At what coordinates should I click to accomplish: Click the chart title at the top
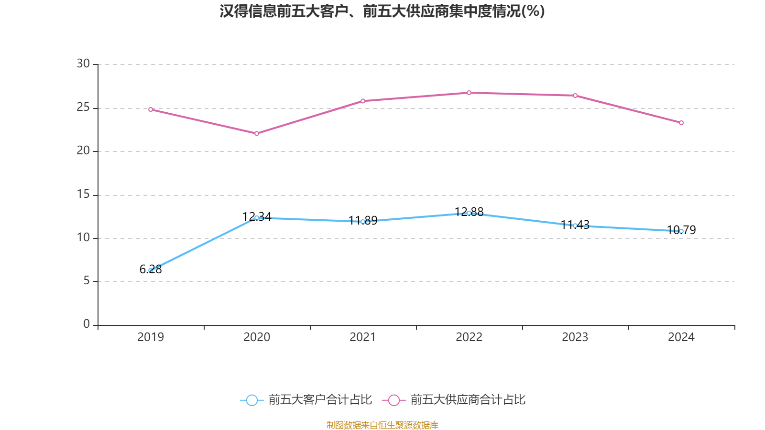click(382, 11)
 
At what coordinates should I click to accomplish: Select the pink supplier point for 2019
click(151, 109)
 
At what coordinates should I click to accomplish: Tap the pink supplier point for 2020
click(257, 133)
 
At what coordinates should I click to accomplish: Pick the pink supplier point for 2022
click(469, 93)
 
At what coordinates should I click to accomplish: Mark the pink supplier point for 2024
click(681, 123)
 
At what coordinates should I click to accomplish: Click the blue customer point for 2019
click(151, 270)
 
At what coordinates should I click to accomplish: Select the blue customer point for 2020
click(257, 218)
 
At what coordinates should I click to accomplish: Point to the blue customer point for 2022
click(469, 213)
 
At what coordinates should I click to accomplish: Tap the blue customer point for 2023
click(575, 226)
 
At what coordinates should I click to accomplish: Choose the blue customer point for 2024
click(681, 231)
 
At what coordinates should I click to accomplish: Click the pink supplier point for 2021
click(363, 101)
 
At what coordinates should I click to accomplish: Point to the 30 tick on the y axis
click(83, 64)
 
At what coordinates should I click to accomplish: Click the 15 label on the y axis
click(83, 194)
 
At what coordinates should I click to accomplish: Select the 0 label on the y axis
click(87, 324)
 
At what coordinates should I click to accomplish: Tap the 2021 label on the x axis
click(363, 337)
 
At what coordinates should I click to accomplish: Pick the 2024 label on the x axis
click(681, 337)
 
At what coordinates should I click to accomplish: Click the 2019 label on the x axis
click(151, 337)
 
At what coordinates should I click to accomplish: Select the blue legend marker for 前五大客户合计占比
click(251, 400)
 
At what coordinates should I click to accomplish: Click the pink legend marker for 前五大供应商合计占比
click(393, 400)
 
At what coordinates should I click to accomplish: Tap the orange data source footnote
click(382, 425)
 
